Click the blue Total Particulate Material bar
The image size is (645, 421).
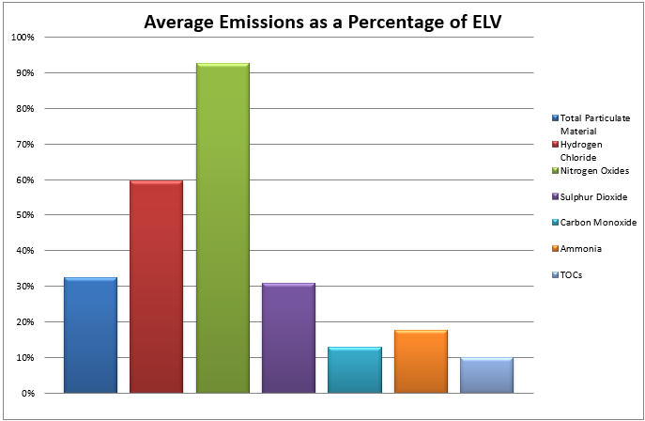[90, 335]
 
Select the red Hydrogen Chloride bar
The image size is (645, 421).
[156, 287]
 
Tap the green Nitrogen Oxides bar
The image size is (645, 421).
[223, 228]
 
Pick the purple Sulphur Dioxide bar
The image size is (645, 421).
[288, 338]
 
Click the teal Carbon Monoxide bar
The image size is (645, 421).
[355, 370]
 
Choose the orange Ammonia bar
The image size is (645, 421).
[421, 362]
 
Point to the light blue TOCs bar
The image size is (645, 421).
[486, 375]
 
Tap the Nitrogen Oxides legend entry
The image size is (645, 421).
[592, 170]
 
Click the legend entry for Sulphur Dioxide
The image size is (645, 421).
[592, 196]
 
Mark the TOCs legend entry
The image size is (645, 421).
[573, 275]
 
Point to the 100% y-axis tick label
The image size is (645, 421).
[23, 38]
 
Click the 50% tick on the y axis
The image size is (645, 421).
[24, 215]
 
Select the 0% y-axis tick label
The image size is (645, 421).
[27, 393]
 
